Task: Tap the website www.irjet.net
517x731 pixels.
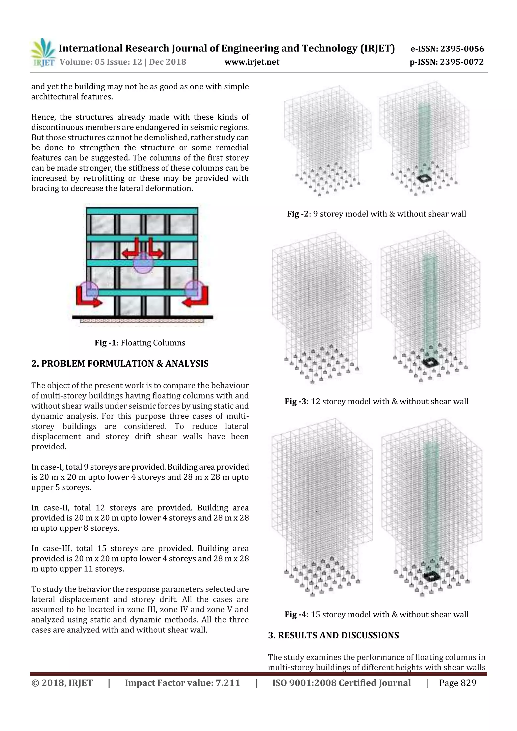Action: tap(252, 62)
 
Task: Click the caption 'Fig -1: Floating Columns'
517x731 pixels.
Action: tap(140, 343)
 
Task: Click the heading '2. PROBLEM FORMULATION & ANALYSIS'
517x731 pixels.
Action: tap(120, 364)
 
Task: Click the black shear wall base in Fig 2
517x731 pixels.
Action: tap(424, 178)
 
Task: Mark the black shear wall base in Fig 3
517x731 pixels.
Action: tap(431, 362)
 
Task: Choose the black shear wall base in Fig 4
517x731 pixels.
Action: tap(432, 575)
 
